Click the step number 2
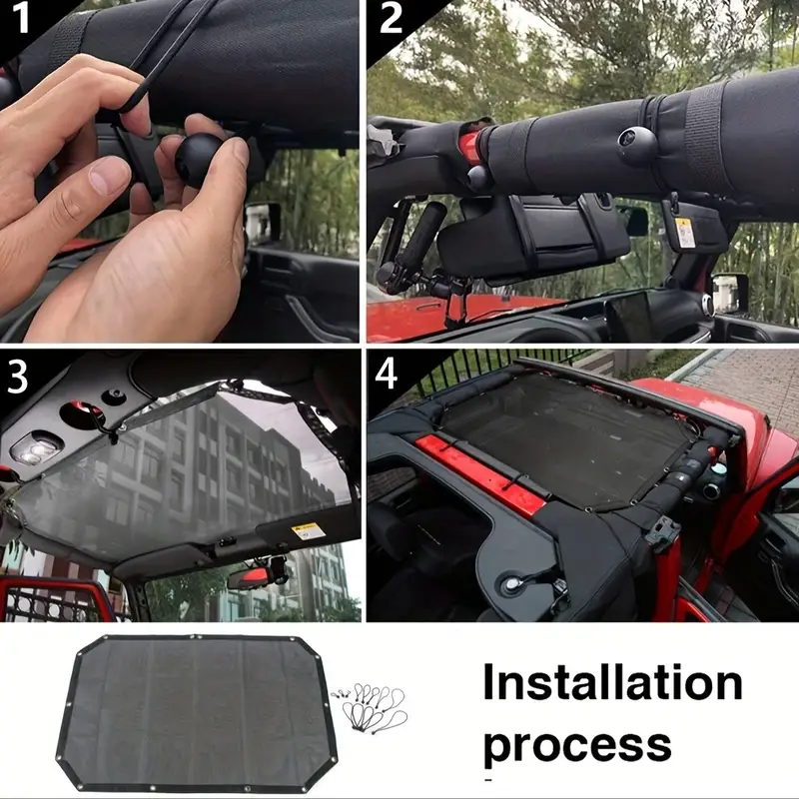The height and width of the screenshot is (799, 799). [391, 18]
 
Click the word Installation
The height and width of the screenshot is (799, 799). [612, 683]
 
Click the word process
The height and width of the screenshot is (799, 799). [577, 745]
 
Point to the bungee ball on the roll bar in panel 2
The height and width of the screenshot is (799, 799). [637, 144]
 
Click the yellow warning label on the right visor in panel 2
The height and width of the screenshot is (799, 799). [684, 232]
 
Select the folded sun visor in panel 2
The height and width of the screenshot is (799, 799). [531, 237]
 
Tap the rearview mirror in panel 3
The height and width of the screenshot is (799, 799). [254, 577]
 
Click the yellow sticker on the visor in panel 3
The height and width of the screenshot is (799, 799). [309, 531]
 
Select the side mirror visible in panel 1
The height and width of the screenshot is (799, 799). [265, 223]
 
